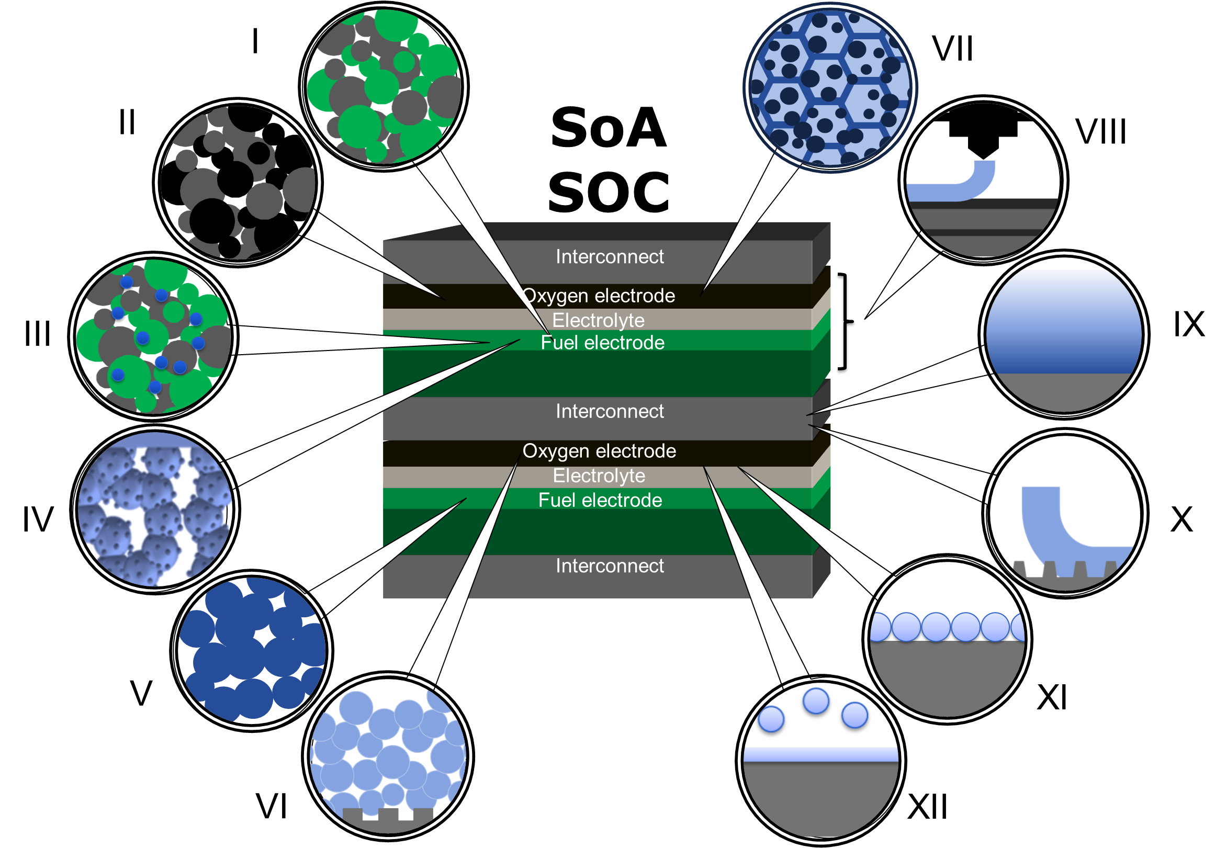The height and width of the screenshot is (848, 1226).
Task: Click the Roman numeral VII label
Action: (x=952, y=49)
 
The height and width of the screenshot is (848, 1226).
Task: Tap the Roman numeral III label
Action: (x=37, y=334)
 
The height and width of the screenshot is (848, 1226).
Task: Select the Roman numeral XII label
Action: (x=927, y=807)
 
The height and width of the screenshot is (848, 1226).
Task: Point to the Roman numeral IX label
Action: (x=1189, y=324)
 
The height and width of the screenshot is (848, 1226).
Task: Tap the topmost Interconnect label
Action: (x=610, y=257)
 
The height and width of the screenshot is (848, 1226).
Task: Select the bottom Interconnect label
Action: (x=610, y=566)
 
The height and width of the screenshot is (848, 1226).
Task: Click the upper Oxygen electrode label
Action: (x=599, y=296)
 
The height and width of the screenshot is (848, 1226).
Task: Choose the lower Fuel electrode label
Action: (x=600, y=500)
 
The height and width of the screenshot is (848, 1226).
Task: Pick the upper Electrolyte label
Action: (x=599, y=320)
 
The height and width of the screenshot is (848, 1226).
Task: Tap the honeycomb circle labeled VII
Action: (x=830, y=88)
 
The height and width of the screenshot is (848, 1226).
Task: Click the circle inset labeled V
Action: (x=252, y=651)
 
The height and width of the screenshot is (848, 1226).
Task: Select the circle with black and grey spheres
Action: (x=238, y=182)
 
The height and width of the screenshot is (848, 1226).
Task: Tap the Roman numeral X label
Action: (x=1182, y=519)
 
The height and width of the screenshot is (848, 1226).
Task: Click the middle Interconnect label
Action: (x=610, y=411)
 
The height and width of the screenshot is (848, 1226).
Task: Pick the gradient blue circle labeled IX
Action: (x=1064, y=334)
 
